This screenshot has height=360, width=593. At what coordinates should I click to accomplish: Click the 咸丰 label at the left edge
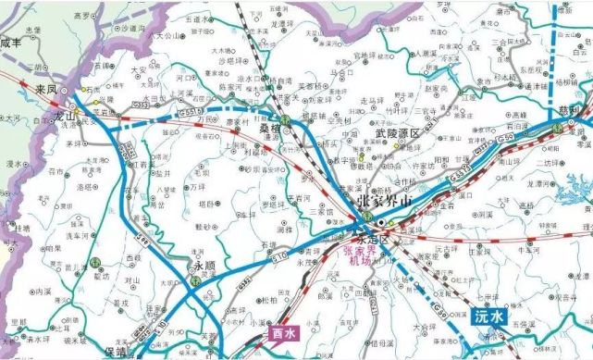pos(12,43)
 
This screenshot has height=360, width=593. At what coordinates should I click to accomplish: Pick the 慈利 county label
pos(570,112)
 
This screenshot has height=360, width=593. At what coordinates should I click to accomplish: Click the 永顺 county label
pos(204,266)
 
